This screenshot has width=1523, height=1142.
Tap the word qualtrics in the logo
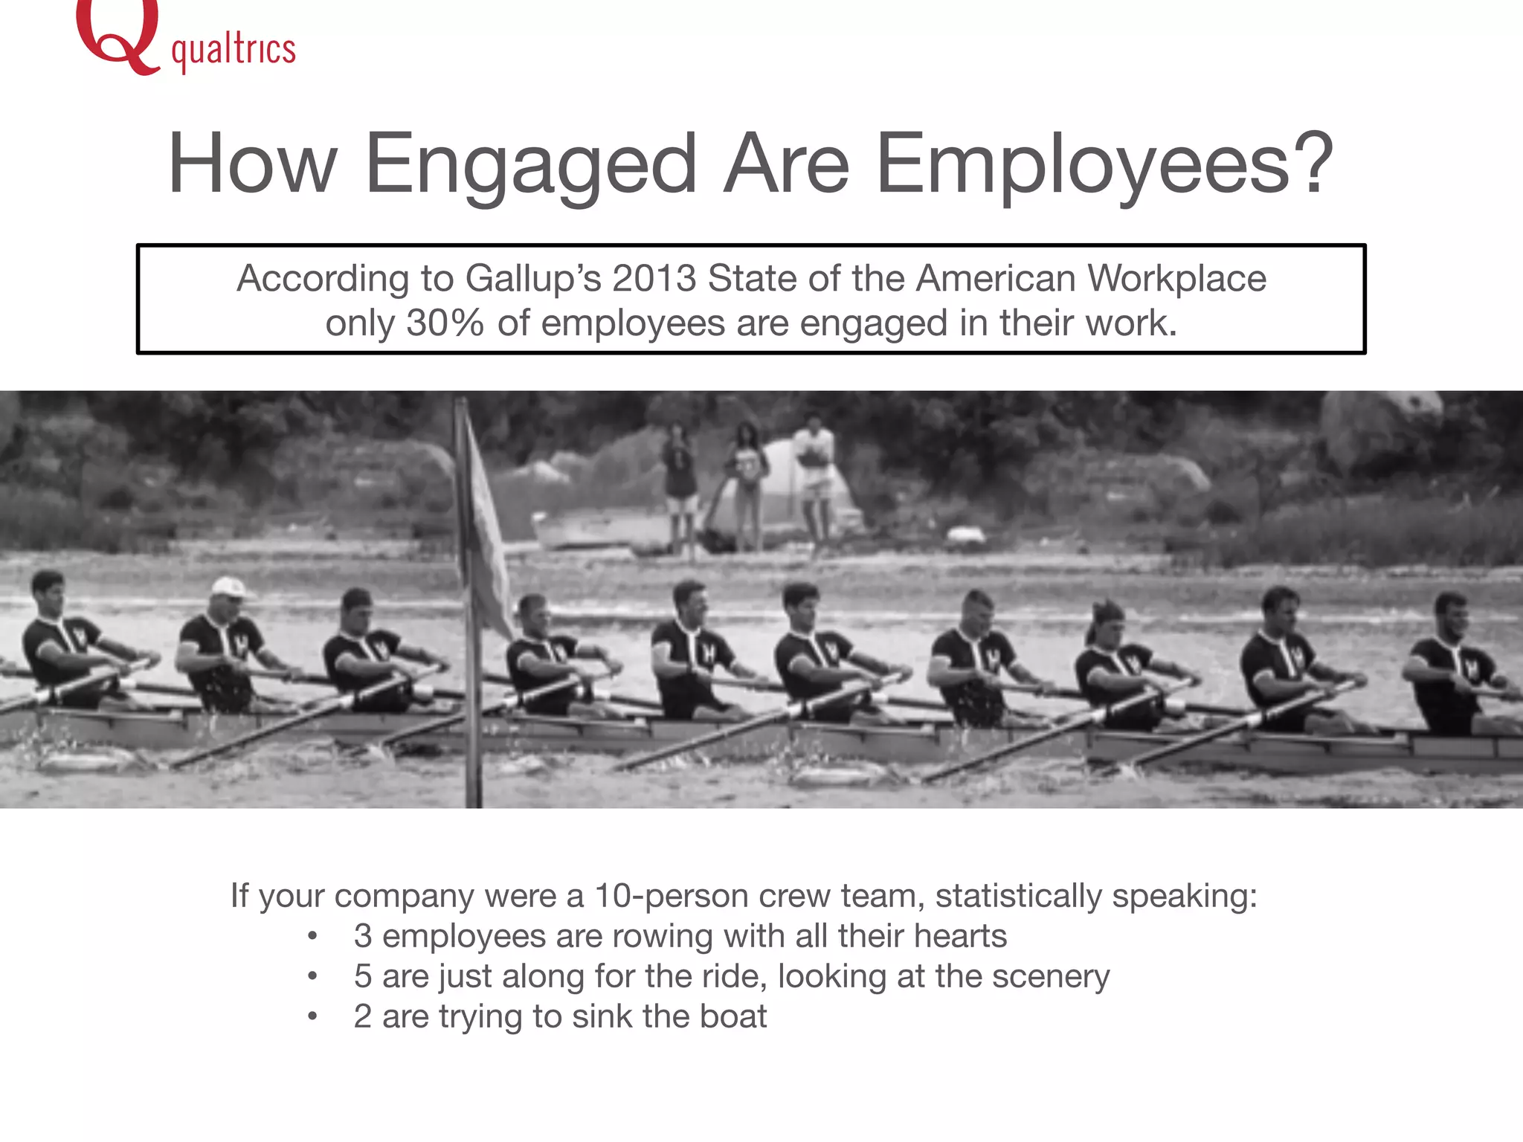click(x=234, y=51)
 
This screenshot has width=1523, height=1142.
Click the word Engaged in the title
click(x=530, y=164)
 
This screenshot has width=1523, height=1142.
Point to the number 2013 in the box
click(x=654, y=279)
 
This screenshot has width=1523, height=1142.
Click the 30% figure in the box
click(x=445, y=323)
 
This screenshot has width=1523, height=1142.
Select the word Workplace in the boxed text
click(x=1176, y=279)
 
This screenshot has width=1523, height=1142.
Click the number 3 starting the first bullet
click(x=363, y=936)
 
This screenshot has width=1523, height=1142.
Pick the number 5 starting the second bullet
click(x=363, y=976)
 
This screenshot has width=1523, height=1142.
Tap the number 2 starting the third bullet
click(x=363, y=1016)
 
